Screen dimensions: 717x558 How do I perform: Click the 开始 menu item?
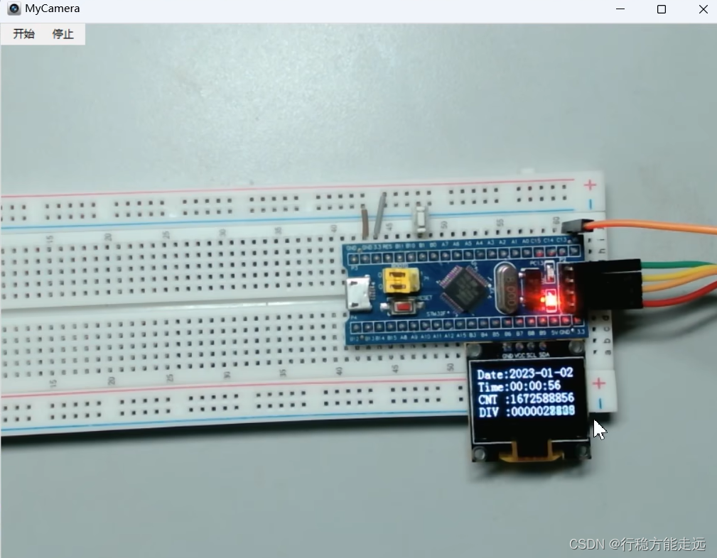23,34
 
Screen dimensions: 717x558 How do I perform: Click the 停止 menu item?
63,34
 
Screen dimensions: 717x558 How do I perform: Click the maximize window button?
662,9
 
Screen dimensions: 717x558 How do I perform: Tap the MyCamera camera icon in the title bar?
14,9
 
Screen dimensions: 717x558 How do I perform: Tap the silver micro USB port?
357,294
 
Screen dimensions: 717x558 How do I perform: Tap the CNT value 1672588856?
544,399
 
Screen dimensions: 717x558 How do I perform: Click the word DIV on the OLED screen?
487,411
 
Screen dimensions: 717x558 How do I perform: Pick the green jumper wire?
682,268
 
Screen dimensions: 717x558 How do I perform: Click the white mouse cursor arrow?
600,429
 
